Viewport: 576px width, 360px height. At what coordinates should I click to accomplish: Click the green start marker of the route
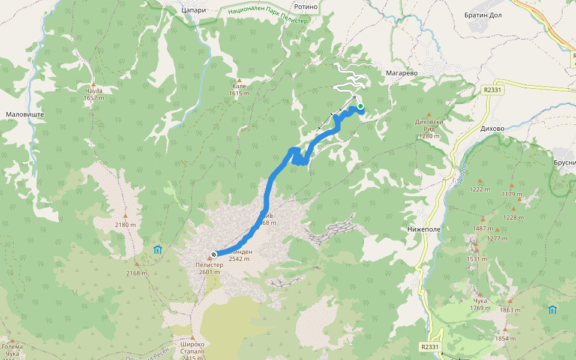[361, 107]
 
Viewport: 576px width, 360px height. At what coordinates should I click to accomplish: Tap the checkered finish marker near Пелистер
[214, 254]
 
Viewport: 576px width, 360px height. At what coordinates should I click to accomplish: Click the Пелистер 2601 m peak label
[209, 268]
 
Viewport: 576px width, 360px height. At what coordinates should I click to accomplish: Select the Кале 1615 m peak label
[239, 89]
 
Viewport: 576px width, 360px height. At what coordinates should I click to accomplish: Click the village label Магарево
[401, 73]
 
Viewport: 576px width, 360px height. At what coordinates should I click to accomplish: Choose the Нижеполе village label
[424, 229]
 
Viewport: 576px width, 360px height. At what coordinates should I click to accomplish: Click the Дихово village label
[492, 128]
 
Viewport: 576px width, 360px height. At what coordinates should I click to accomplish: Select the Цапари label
[194, 10]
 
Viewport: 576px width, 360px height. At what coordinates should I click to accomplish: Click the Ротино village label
[305, 7]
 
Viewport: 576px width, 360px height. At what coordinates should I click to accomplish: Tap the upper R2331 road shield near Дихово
[491, 90]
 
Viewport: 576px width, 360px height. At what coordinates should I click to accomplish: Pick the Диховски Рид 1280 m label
[429, 132]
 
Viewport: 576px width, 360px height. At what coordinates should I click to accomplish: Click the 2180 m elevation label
[125, 224]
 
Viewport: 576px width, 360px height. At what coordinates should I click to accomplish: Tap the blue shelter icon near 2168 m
[157, 249]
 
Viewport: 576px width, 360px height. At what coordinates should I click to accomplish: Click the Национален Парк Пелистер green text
[267, 15]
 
